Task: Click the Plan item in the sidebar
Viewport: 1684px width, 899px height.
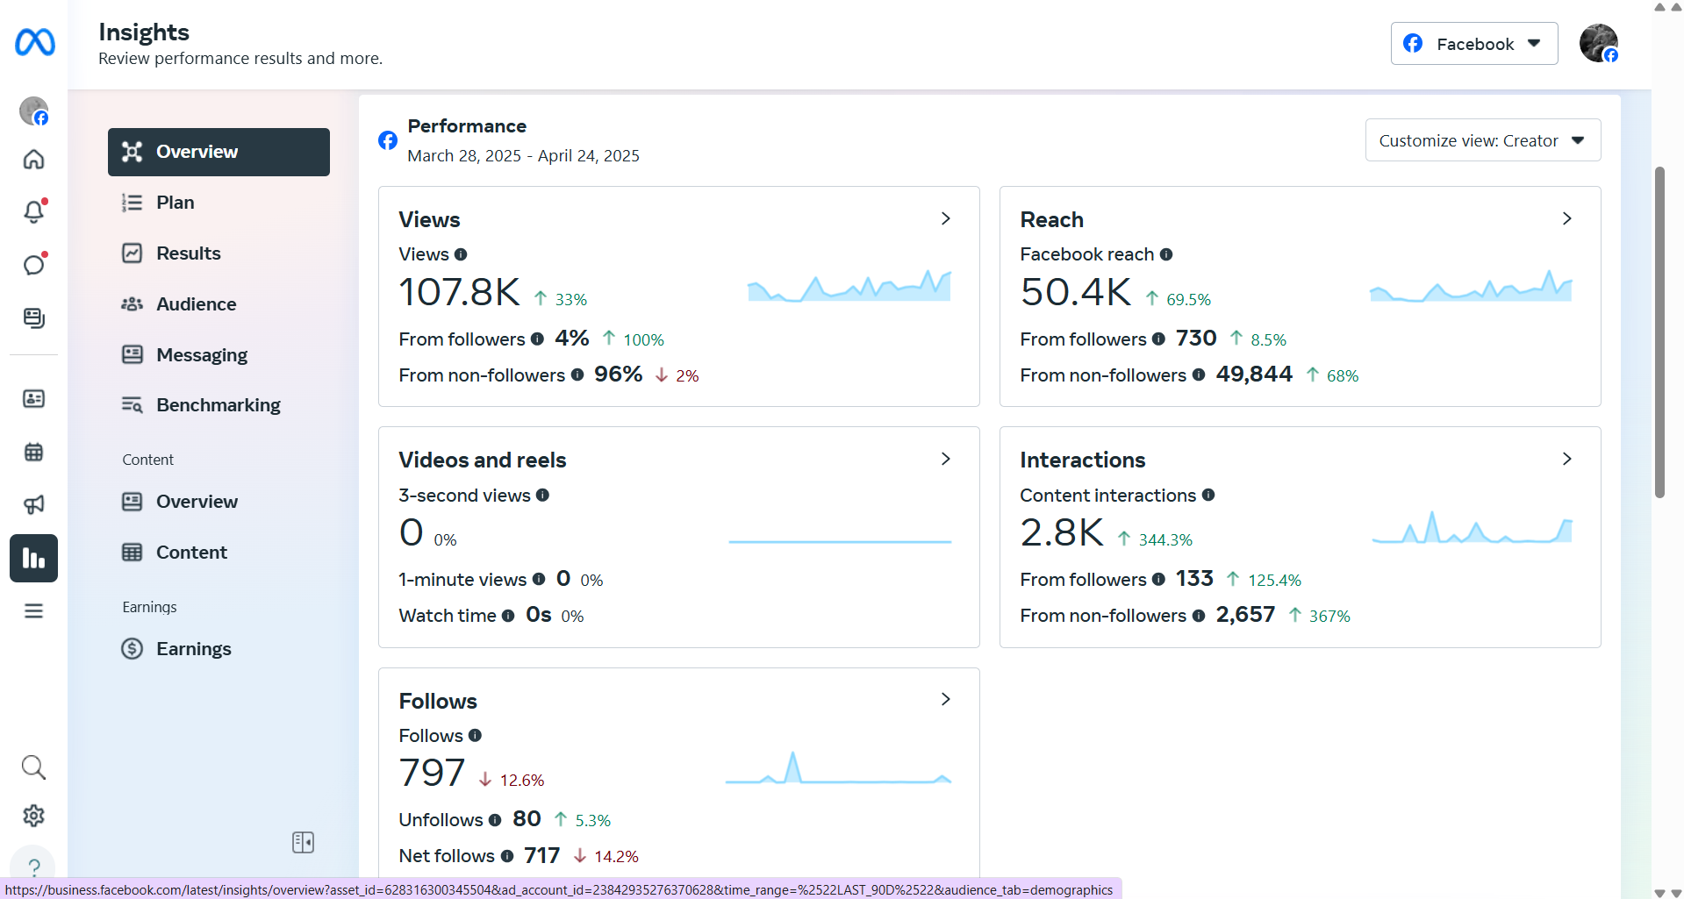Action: pyautogui.click(x=176, y=203)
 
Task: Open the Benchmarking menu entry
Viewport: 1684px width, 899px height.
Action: pyautogui.click(x=218, y=405)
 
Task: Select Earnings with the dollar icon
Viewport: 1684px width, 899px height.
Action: pyautogui.click(x=193, y=649)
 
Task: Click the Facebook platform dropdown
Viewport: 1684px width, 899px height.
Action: pyautogui.click(x=1473, y=44)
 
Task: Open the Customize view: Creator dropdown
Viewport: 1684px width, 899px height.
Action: pyautogui.click(x=1482, y=140)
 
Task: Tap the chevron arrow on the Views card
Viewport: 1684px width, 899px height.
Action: pyautogui.click(x=945, y=218)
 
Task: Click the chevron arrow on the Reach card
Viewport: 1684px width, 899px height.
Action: pyautogui.click(x=1566, y=218)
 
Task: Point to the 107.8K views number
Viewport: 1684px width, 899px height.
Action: pyautogui.click(x=459, y=292)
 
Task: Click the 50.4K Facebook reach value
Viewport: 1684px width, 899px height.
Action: pyautogui.click(x=1076, y=292)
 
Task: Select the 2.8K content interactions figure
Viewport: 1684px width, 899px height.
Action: pyautogui.click(x=1062, y=532)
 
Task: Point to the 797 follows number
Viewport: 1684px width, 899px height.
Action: pyautogui.click(x=432, y=773)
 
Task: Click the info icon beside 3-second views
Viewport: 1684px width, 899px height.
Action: pyautogui.click(x=542, y=496)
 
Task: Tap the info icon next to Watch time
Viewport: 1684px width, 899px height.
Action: pyautogui.click(x=508, y=616)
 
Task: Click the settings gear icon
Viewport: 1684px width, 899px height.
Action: pyautogui.click(x=33, y=816)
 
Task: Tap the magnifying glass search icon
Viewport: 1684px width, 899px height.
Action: pyautogui.click(x=33, y=767)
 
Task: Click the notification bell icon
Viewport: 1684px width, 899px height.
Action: pyautogui.click(x=33, y=211)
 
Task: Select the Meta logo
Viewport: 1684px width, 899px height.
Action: pyautogui.click(x=35, y=42)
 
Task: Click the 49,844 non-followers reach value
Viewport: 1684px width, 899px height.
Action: pyautogui.click(x=1254, y=375)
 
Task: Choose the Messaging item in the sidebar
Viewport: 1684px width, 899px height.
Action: pyautogui.click(x=202, y=355)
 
